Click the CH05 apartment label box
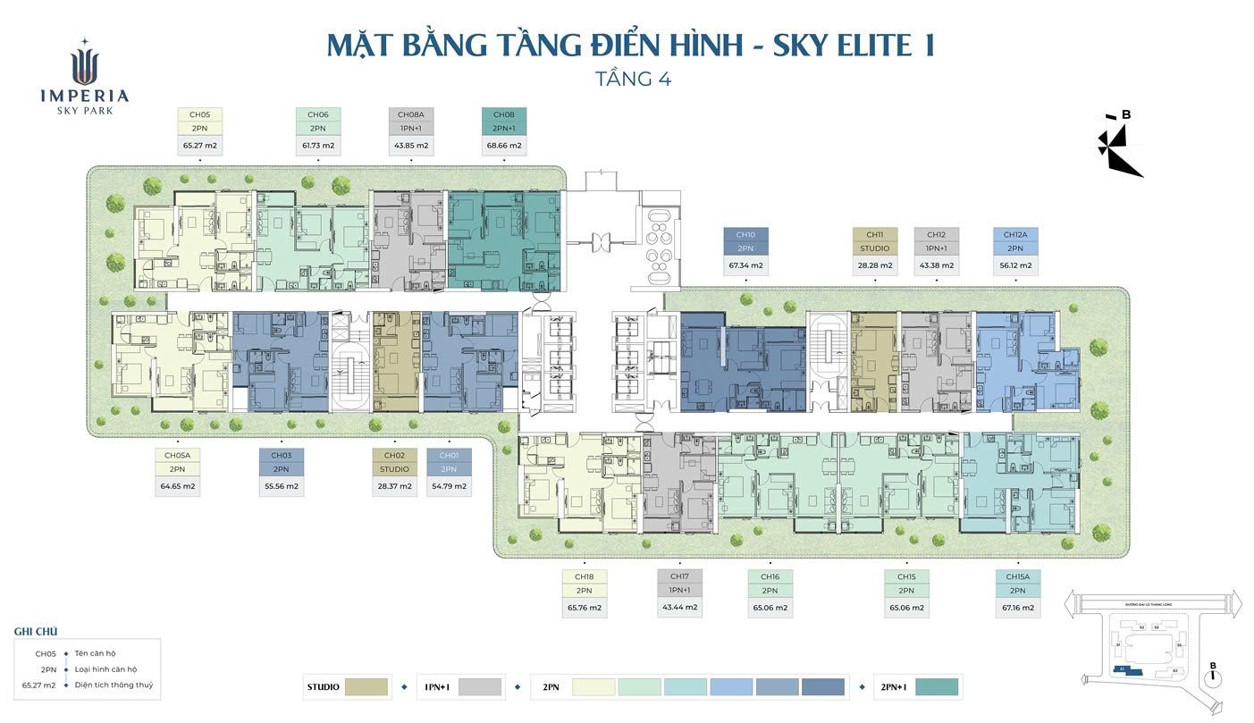click(x=199, y=114)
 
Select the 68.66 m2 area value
click(x=504, y=145)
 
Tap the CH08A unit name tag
click(x=411, y=114)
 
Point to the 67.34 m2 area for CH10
click(x=745, y=265)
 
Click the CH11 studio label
click(x=875, y=235)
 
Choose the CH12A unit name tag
click(x=1014, y=235)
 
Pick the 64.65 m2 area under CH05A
click(x=177, y=487)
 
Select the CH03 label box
click(x=282, y=455)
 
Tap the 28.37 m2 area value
click(x=394, y=487)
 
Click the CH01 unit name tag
click(x=449, y=455)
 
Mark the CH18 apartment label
click(x=585, y=576)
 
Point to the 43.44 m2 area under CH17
click(x=679, y=608)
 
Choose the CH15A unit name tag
click(x=1017, y=576)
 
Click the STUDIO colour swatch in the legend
click(x=366, y=687)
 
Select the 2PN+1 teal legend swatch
click(x=936, y=687)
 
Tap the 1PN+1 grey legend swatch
click(x=479, y=687)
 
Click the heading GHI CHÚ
click(x=36, y=632)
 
